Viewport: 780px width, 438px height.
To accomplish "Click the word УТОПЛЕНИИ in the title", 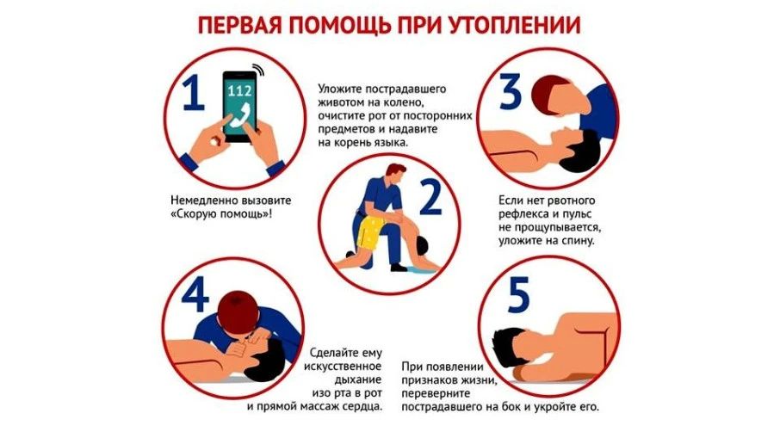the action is (x=514, y=25).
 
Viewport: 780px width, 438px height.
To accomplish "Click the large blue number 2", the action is (x=430, y=197).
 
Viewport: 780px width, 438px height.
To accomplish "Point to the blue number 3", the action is (x=510, y=91).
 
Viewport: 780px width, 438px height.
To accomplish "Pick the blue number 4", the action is (x=195, y=295).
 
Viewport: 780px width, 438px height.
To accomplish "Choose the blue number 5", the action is (x=518, y=295).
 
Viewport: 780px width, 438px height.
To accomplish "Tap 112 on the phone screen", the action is (x=239, y=90).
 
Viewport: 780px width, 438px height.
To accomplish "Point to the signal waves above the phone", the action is (x=258, y=69).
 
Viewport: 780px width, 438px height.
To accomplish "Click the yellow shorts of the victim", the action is (x=368, y=232).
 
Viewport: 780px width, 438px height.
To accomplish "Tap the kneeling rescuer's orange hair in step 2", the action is (x=396, y=170).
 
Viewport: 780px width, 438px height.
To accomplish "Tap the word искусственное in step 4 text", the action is (x=343, y=367).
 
